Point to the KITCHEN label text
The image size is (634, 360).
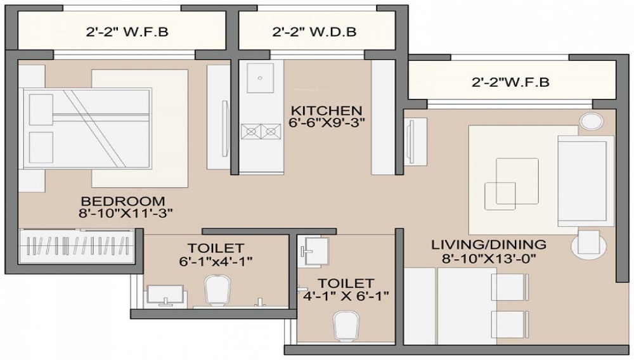pos(327,110)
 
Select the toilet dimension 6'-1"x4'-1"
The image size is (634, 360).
pos(216,260)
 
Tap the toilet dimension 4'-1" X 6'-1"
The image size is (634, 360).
pos(346,295)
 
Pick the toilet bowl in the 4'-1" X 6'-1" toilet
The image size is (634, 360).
pos(345,325)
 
